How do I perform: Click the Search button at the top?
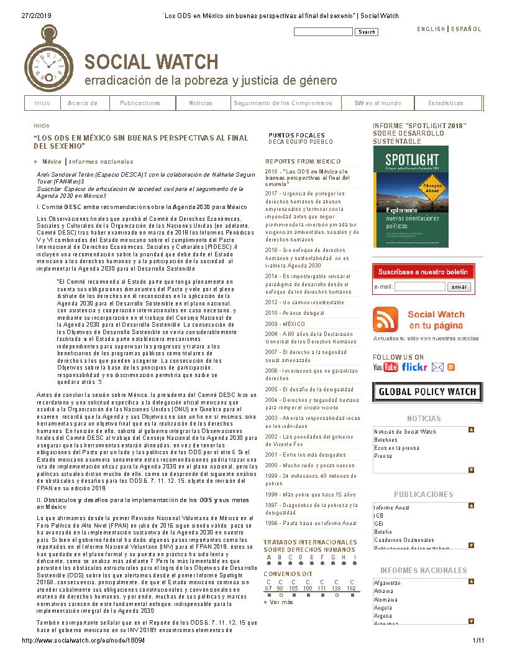click(367, 32)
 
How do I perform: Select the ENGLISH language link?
click(431, 29)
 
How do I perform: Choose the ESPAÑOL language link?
click(466, 29)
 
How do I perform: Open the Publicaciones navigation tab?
click(140, 103)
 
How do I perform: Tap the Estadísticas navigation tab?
click(445, 103)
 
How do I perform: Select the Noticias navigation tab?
click(201, 103)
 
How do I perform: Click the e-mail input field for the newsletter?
click(419, 287)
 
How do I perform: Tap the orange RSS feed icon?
click(385, 320)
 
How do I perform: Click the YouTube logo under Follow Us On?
click(385, 367)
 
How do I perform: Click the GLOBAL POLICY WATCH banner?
click(427, 392)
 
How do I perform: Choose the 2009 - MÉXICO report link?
click(285, 324)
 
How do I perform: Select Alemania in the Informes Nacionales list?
click(383, 600)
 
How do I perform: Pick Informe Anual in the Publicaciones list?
click(391, 508)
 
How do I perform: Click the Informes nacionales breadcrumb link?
click(101, 162)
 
